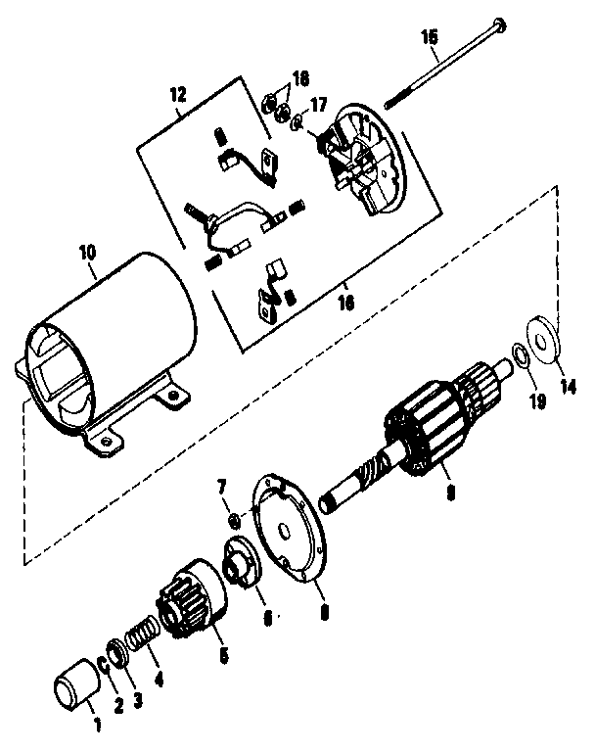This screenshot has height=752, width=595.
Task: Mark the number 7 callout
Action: point(221,487)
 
